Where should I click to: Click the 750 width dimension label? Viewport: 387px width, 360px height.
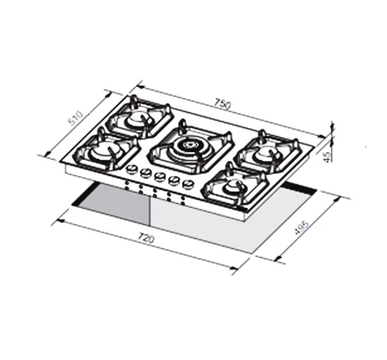[x=222, y=104]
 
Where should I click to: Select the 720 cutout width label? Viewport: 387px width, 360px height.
[x=146, y=238]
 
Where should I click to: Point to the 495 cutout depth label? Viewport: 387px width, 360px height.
[x=302, y=227]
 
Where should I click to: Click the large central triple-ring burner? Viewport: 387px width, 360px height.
[x=188, y=147]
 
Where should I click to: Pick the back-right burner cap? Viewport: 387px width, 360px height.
[x=263, y=154]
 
